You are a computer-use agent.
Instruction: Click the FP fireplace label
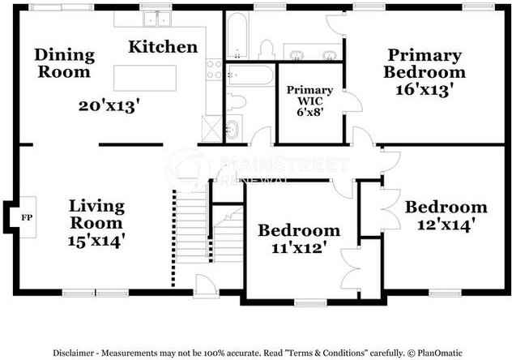[26, 218]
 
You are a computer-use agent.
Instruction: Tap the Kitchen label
[163, 47]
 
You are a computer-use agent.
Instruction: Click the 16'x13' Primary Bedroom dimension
[424, 89]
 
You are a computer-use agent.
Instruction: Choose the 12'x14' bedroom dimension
[446, 223]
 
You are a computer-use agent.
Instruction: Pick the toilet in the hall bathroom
[236, 101]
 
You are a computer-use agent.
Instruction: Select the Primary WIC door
[350, 101]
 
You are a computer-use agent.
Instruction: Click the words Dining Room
[64, 63]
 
